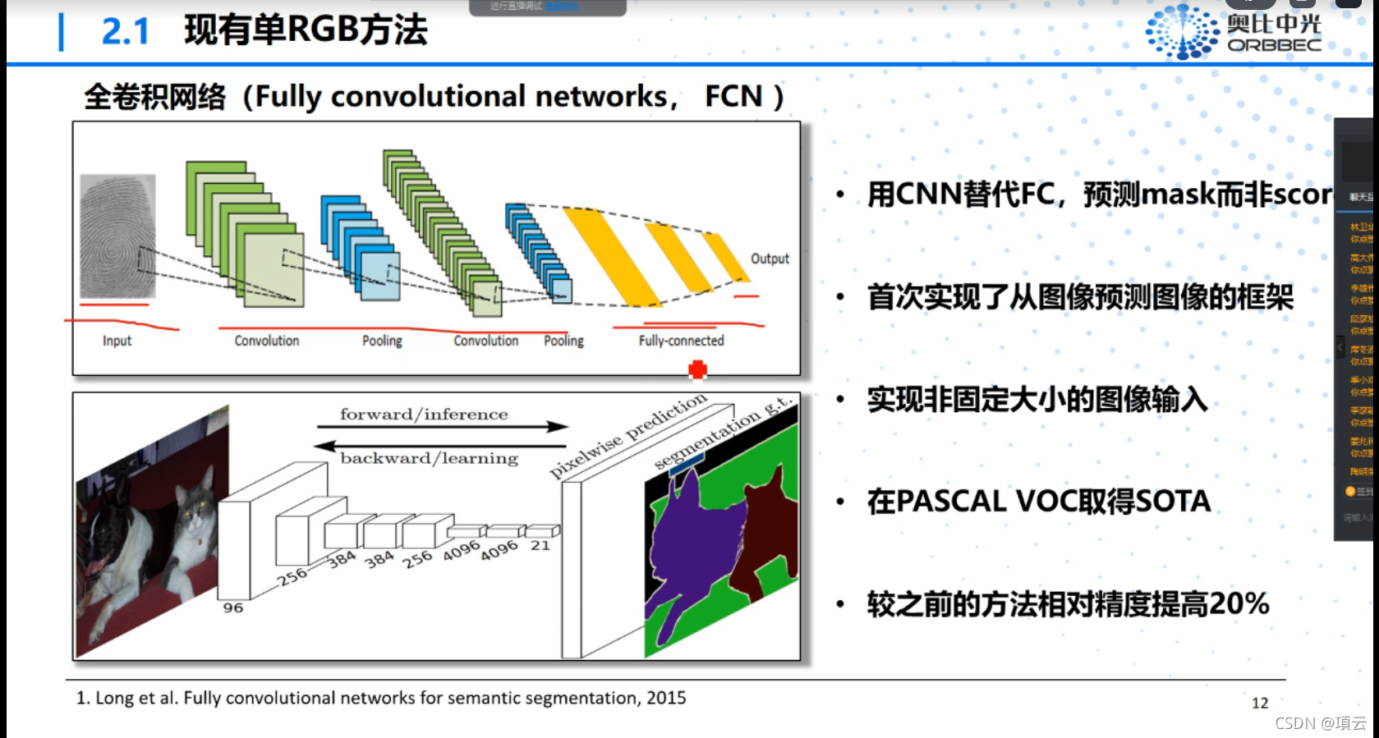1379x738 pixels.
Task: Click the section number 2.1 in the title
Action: click(x=125, y=31)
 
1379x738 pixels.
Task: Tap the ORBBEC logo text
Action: click(x=1274, y=45)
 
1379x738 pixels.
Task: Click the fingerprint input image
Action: click(x=117, y=236)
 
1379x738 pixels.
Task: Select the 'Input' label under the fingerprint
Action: click(x=117, y=341)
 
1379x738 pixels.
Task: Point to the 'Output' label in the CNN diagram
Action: click(x=770, y=259)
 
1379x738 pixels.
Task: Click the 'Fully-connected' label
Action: click(x=681, y=341)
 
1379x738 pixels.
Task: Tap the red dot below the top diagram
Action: click(x=697, y=370)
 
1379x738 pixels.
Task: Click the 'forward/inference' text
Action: click(x=424, y=415)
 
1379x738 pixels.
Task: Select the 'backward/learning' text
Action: click(x=429, y=458)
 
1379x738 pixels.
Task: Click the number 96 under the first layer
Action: click(x=233, y=607)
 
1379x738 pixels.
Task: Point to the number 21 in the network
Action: click(x=540, y=545)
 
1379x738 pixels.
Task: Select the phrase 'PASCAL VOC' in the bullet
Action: click(x=977, y=501)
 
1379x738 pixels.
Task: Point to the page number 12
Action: click(x=1259, y=703)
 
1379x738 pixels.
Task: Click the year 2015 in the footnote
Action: click(x=665, y=698)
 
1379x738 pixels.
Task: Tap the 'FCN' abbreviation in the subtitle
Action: click(x=733, y=97)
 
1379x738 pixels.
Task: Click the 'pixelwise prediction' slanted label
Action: click(x=627, y=436)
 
